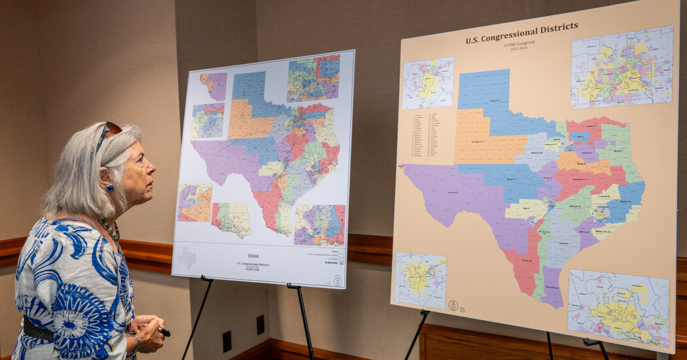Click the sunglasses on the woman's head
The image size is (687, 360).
coord(107,132)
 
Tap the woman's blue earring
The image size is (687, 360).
coord(109,187)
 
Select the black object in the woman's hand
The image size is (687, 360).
coord(164,332)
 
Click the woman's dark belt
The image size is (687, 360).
coord(38,331)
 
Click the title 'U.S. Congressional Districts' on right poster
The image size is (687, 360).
coord(521,33)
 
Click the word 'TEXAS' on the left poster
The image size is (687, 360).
coord(253,256)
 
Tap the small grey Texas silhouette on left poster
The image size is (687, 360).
coord(186,257)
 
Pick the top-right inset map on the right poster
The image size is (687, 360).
coord(622,67)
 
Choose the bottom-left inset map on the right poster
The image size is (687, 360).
coord(419,279)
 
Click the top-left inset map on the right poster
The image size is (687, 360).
coord(428,83)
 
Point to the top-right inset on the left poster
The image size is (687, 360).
coord(313,79)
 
